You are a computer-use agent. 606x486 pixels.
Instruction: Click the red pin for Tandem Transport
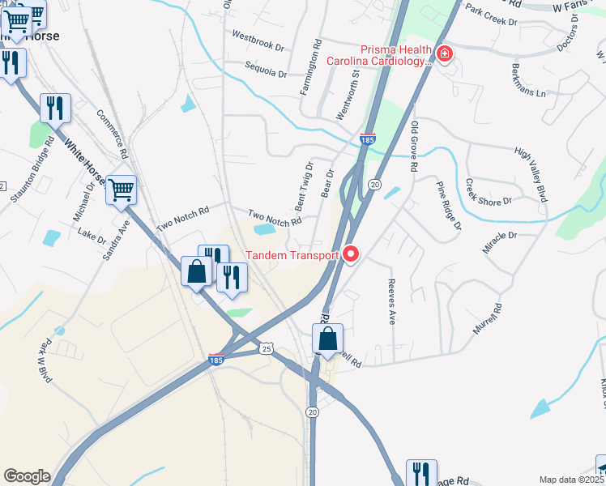351,254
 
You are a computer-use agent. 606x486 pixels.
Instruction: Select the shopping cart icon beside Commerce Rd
122,191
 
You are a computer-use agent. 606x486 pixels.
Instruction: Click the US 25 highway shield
267,348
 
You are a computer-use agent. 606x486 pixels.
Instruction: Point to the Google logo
27,475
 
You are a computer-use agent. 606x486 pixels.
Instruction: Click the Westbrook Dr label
258,41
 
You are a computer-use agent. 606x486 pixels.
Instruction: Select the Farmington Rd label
311,67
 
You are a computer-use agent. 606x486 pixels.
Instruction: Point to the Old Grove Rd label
414,146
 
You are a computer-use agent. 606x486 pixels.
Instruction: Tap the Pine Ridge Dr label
448,204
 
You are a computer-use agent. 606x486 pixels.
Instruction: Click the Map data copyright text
572,480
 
